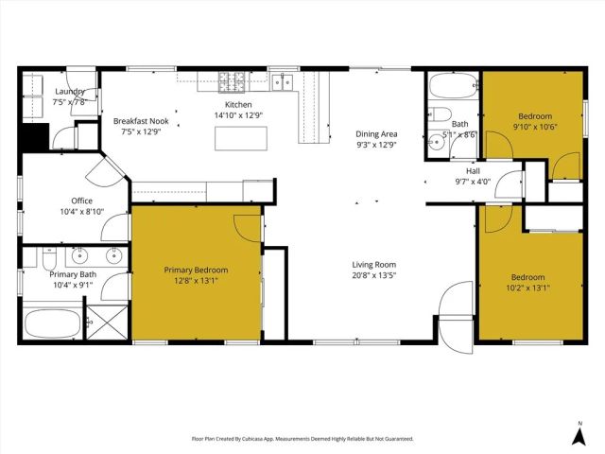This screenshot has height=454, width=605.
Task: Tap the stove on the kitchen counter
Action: [x=232, y=82]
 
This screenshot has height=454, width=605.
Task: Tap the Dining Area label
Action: [x=375, y=134]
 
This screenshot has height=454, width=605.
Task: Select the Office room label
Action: [x=81, y=201]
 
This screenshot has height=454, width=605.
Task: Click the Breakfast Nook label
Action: [x=141, y=122]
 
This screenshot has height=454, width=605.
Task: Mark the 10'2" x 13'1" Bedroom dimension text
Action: [x=527, y=288]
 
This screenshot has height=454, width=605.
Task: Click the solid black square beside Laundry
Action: [x=35, y=137]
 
